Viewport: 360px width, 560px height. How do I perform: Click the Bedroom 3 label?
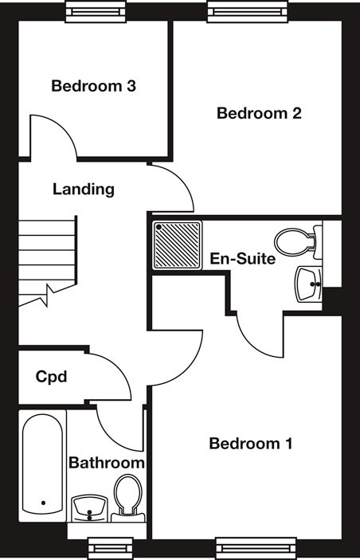93,86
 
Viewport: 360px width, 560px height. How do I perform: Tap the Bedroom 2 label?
259,113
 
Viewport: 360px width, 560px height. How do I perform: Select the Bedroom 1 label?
251,444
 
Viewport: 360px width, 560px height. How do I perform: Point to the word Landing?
84,190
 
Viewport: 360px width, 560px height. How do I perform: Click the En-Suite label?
242,259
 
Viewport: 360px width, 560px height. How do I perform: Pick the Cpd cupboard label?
52,377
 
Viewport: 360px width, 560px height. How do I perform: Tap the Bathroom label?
107,463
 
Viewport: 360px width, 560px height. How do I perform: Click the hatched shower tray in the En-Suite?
178,245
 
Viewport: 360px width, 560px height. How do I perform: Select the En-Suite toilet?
298,242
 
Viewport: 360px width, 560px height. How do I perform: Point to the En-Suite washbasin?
308,284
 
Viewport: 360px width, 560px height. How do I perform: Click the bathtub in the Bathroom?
42,465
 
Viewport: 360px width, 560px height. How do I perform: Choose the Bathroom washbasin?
89,508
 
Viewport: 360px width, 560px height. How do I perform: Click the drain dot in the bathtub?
43,503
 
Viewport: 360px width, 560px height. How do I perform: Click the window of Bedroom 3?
96,11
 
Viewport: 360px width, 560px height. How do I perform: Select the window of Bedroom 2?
248,11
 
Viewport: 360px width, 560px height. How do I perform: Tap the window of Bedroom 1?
256,549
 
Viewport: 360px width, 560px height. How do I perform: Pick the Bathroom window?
111,549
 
